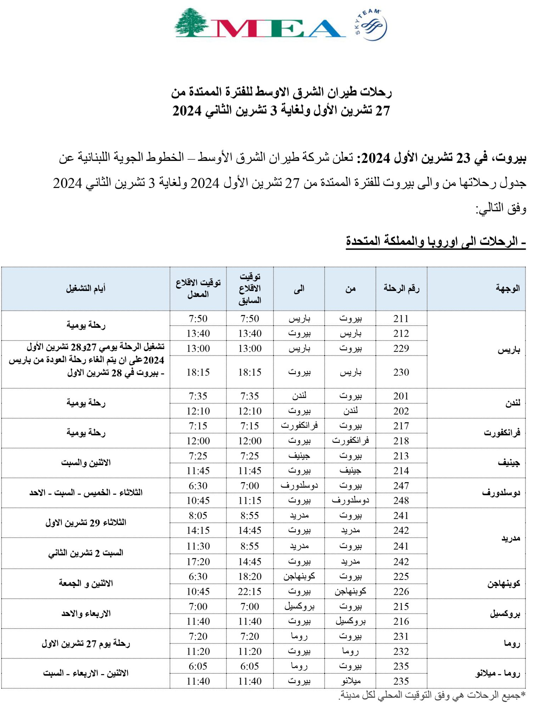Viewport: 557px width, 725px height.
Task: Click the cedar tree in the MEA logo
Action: click(x=192, y=22)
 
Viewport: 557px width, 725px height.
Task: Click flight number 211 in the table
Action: click(x=401, y=319)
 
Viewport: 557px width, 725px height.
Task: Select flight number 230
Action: click(x=401, y=372)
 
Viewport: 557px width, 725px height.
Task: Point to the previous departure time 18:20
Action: click(x=250, y=577)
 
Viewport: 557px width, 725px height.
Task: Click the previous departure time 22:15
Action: click(x=250, y=592)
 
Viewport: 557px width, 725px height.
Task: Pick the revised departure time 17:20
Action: click(x=198, y=562)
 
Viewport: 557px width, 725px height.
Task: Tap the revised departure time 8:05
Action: click(x=198, y=516)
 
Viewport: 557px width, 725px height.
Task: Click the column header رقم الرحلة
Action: click(x=401, y=289)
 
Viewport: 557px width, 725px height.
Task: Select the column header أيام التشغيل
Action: click(x=86, y=289)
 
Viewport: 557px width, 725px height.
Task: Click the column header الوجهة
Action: click(x=508, y=289)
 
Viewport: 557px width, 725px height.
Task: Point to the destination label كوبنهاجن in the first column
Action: click(x=503, y=584)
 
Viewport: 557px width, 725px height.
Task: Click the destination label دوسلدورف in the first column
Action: click(x=501, y=493)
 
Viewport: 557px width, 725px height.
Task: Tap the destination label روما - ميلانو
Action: click(x=497, y=674)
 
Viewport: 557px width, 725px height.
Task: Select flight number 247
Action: click(x=401, y=486)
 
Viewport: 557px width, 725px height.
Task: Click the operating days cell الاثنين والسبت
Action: click(x=86, y=463)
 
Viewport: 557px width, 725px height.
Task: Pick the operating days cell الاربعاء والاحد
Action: click(x=86, y=614)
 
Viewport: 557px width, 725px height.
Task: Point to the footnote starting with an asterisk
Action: click(x=432, y=695)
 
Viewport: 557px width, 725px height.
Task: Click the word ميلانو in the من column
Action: click(x=350, y=681)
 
